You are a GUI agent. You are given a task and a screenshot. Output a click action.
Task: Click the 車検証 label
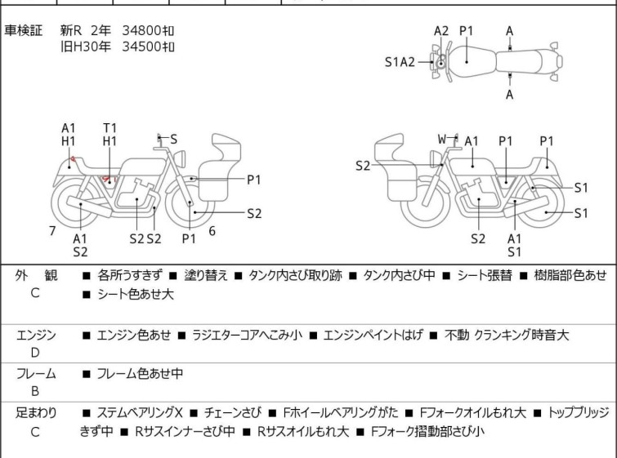coord(24,30)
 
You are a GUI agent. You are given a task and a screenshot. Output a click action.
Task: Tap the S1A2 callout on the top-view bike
coord(400,61)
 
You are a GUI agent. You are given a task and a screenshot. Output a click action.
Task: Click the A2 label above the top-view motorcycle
coord(441,31)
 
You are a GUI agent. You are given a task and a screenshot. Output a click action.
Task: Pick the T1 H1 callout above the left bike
coord(110,135)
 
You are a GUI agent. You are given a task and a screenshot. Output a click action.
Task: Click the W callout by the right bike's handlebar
coord(441,140)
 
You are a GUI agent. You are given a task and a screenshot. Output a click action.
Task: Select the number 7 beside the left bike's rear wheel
coord(52,231)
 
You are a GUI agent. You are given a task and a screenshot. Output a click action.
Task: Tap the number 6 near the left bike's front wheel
coord(212,231)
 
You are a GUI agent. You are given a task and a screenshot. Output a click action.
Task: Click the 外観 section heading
coord(35,276)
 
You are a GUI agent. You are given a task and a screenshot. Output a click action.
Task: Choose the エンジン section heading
coord(36,335)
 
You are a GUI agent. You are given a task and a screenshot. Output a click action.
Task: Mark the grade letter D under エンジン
coord(35,353)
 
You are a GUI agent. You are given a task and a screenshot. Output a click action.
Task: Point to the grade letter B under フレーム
coord(35,392)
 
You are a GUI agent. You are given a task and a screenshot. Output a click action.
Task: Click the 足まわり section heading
coord(36,413)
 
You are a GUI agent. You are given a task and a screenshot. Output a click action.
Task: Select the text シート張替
coord(484,276)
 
